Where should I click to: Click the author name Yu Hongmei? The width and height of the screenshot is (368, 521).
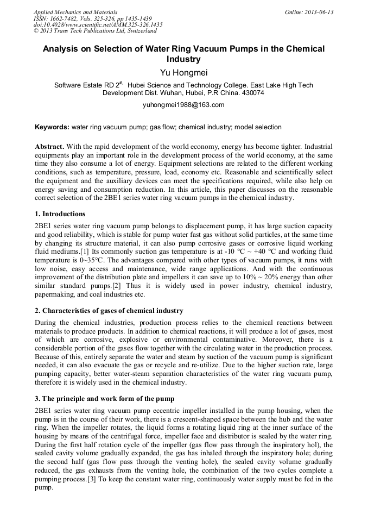[x=183, y=72]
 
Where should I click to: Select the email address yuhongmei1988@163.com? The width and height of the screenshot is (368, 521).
[x=183, y=105]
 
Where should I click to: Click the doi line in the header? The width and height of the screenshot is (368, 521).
[x=98, y=25]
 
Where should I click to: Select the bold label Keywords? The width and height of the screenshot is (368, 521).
[x=52, y=127]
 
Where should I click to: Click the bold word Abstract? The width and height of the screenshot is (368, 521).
[x=49, y=147]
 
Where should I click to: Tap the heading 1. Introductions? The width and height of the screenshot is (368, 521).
[x=60, y=214]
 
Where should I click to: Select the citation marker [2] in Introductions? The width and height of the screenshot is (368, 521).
[x=118, y=285]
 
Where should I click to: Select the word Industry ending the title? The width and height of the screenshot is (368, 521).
[x=183, y=59]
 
